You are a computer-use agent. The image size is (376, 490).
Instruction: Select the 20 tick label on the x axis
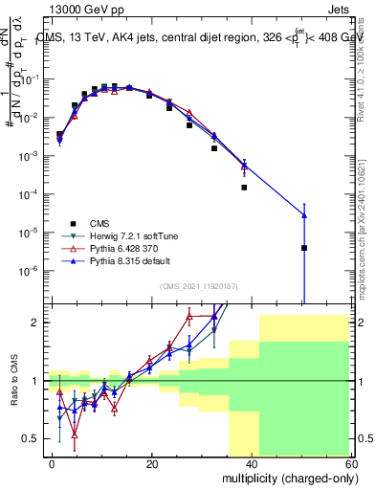(152, 463)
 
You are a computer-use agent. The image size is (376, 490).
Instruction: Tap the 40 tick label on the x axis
(252, 463)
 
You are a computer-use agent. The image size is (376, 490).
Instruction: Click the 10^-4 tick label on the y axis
(32, 194)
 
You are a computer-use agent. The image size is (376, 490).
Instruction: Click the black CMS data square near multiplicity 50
(303, 248)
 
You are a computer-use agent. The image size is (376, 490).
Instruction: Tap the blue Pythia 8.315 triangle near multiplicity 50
(303, 215)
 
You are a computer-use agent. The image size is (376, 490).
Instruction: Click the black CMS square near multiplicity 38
(244, 188)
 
